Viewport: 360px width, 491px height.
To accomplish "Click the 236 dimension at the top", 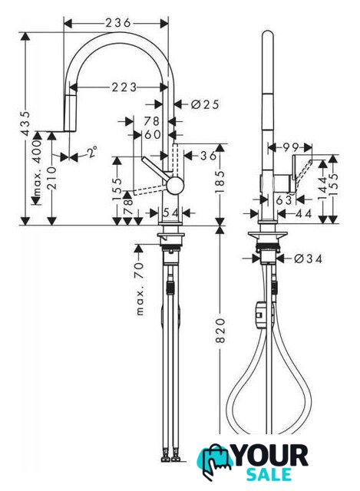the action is tap(117, 23).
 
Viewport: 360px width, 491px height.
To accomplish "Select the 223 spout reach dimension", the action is tap(124, 87).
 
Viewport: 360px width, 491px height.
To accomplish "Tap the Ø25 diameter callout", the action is tap(205, 104).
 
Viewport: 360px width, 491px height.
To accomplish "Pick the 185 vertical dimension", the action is tap(221, 182).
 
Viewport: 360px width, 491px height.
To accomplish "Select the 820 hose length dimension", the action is tap(221, 331).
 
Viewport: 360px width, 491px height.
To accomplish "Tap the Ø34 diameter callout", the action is tap(309, 259).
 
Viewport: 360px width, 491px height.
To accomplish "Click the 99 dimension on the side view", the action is tap(291, 147).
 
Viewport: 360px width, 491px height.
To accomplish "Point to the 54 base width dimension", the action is tap(171, 213).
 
